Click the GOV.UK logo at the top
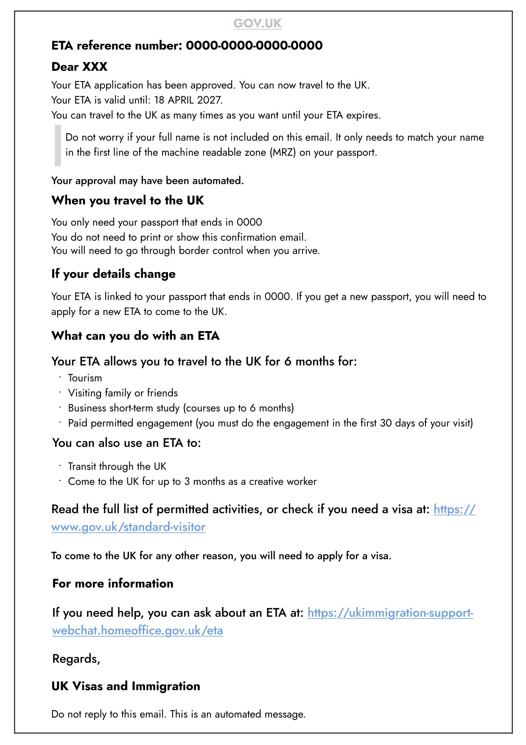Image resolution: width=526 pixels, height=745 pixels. pyautogui.click(x=257, y=23)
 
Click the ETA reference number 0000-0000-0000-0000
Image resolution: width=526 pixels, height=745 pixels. pyautogui.click(x=254, y=45)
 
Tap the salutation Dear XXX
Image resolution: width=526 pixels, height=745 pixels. pyautogui.click(x=79, y=67)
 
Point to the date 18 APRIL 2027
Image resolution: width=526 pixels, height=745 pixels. pyautogui.click(x=188, y=100)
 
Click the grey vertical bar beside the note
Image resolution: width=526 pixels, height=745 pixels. pyautogui.click(x=58, y=145)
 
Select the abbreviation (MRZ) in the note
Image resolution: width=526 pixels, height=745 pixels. pyautogui.click(x=283, y=152)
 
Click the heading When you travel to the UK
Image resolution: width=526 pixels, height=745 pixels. pyautogui.click(x=128, y=200)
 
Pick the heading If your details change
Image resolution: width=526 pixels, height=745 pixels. pyautogui.click(x=113, y=274)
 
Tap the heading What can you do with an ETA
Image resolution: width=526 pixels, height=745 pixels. pyautogui.click(x=135, y=336)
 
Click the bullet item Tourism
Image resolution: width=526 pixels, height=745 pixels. pyautogui.click(x=85, y=378)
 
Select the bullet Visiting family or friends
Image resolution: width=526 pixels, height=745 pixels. pyautogui.click(x=123, y=393)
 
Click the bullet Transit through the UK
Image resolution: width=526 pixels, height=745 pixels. pyautogui.click(x=117, y=466)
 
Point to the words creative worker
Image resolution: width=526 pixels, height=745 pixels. pyautogui.click(x=283, y=481)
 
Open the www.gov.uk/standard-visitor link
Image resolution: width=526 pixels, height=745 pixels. pyautogui.click(x=128, y=527)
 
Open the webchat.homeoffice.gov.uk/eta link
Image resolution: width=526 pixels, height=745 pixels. pyautogui.click(x=137, y=630)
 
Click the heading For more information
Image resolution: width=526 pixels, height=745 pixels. pyautogui.click(x=113, y=583)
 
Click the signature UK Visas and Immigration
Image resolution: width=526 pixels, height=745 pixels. pyautogui.click(x=126, y=686)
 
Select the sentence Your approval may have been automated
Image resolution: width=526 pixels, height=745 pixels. pyautogui.click(x=147, y=181)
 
